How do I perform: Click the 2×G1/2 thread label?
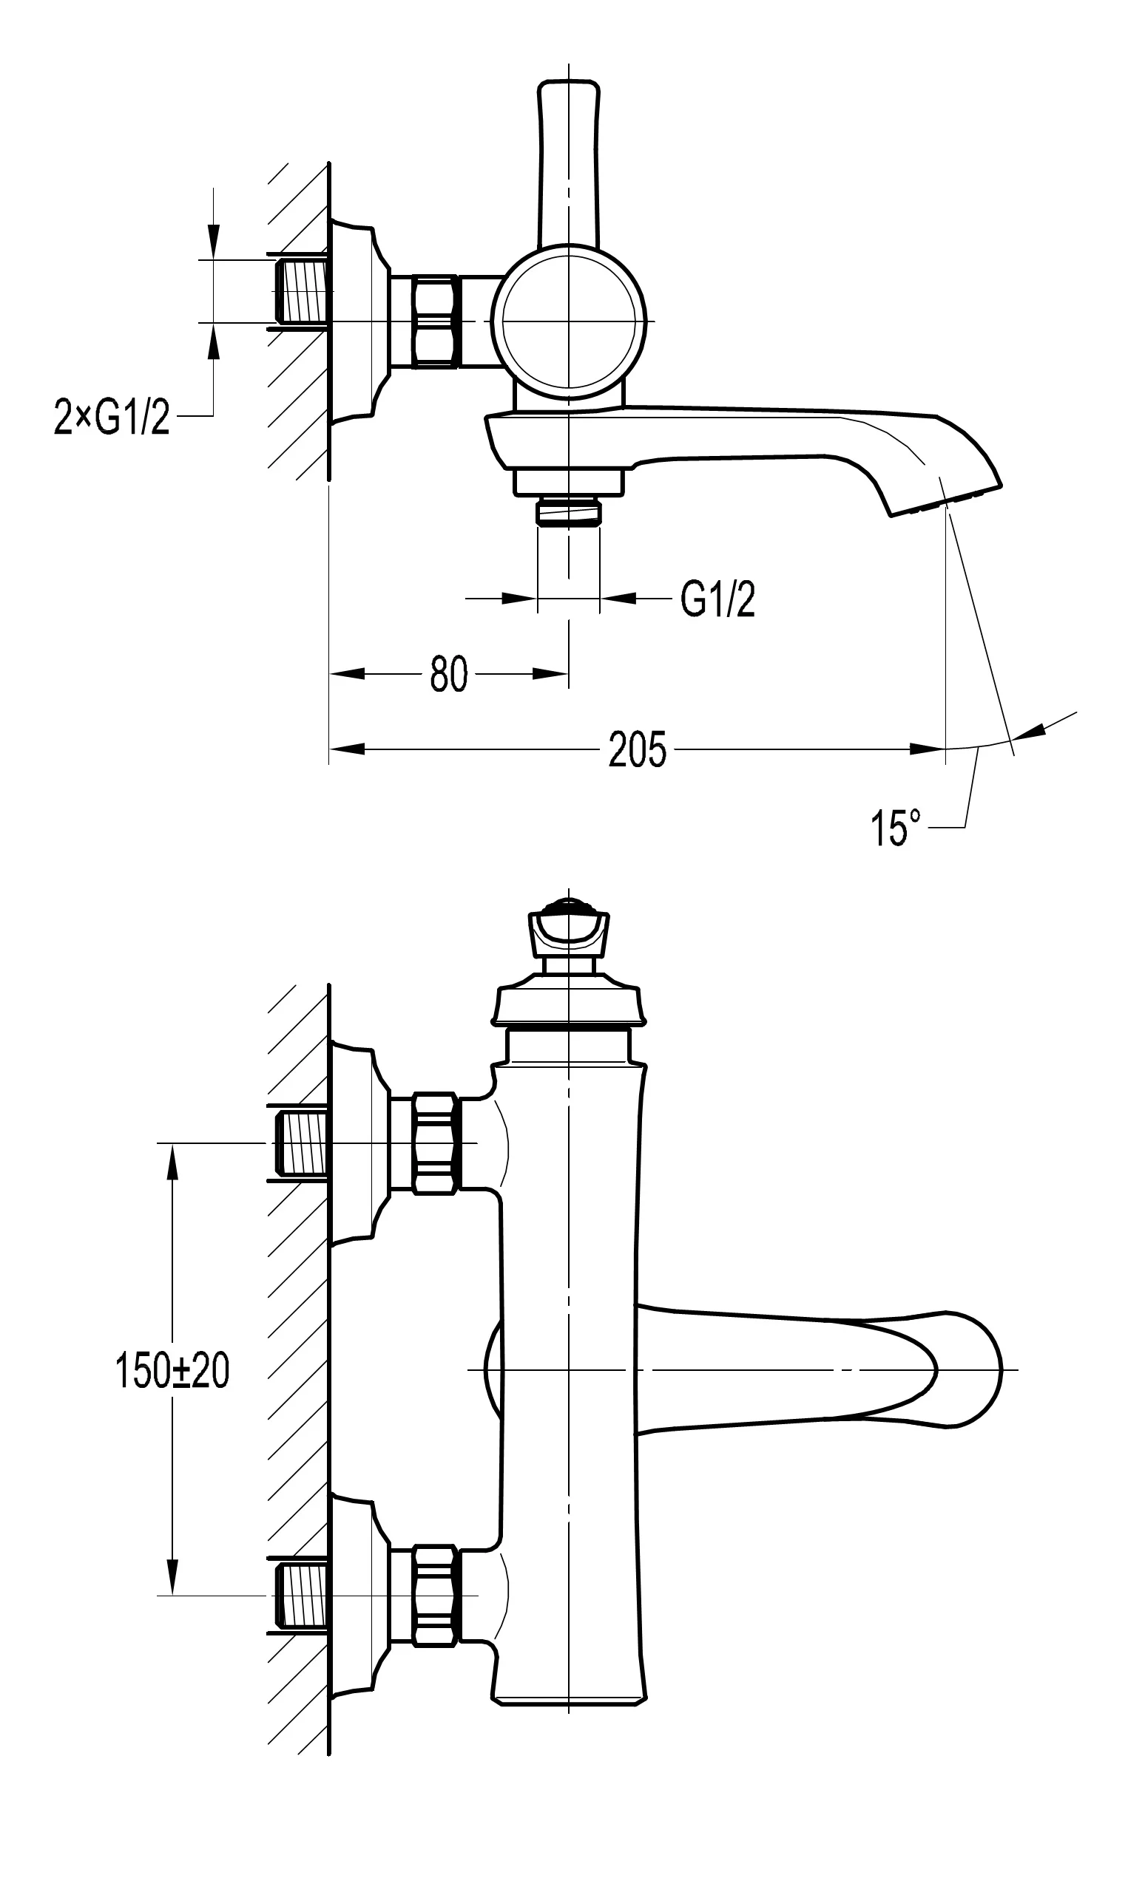point(112,417)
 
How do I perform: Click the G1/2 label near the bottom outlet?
point(717,599)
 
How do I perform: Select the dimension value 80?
point(448,674)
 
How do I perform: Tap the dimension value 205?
point(636,749)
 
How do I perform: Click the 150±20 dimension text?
point(172,1370)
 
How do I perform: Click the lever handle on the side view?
point(568,161)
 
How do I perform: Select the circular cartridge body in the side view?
point(568,321)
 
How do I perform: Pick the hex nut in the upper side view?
point(434,321)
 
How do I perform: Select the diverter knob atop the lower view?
point(568,930)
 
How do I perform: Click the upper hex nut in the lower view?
point(435,1143)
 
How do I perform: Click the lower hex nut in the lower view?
point(435,1596)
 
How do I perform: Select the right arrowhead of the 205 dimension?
point(927,749)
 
